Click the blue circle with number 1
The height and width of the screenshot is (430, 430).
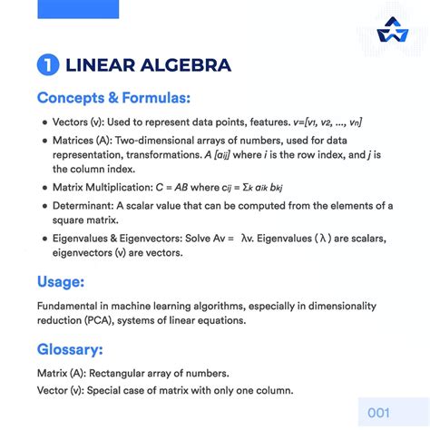tap(47, 64)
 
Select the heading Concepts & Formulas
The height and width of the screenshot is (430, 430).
tap(113, 97)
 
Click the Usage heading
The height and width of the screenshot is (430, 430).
tap(62, 280)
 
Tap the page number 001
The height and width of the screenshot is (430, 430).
tap(378, 413)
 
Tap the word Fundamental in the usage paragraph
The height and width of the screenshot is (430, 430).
tap(71, 306)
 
